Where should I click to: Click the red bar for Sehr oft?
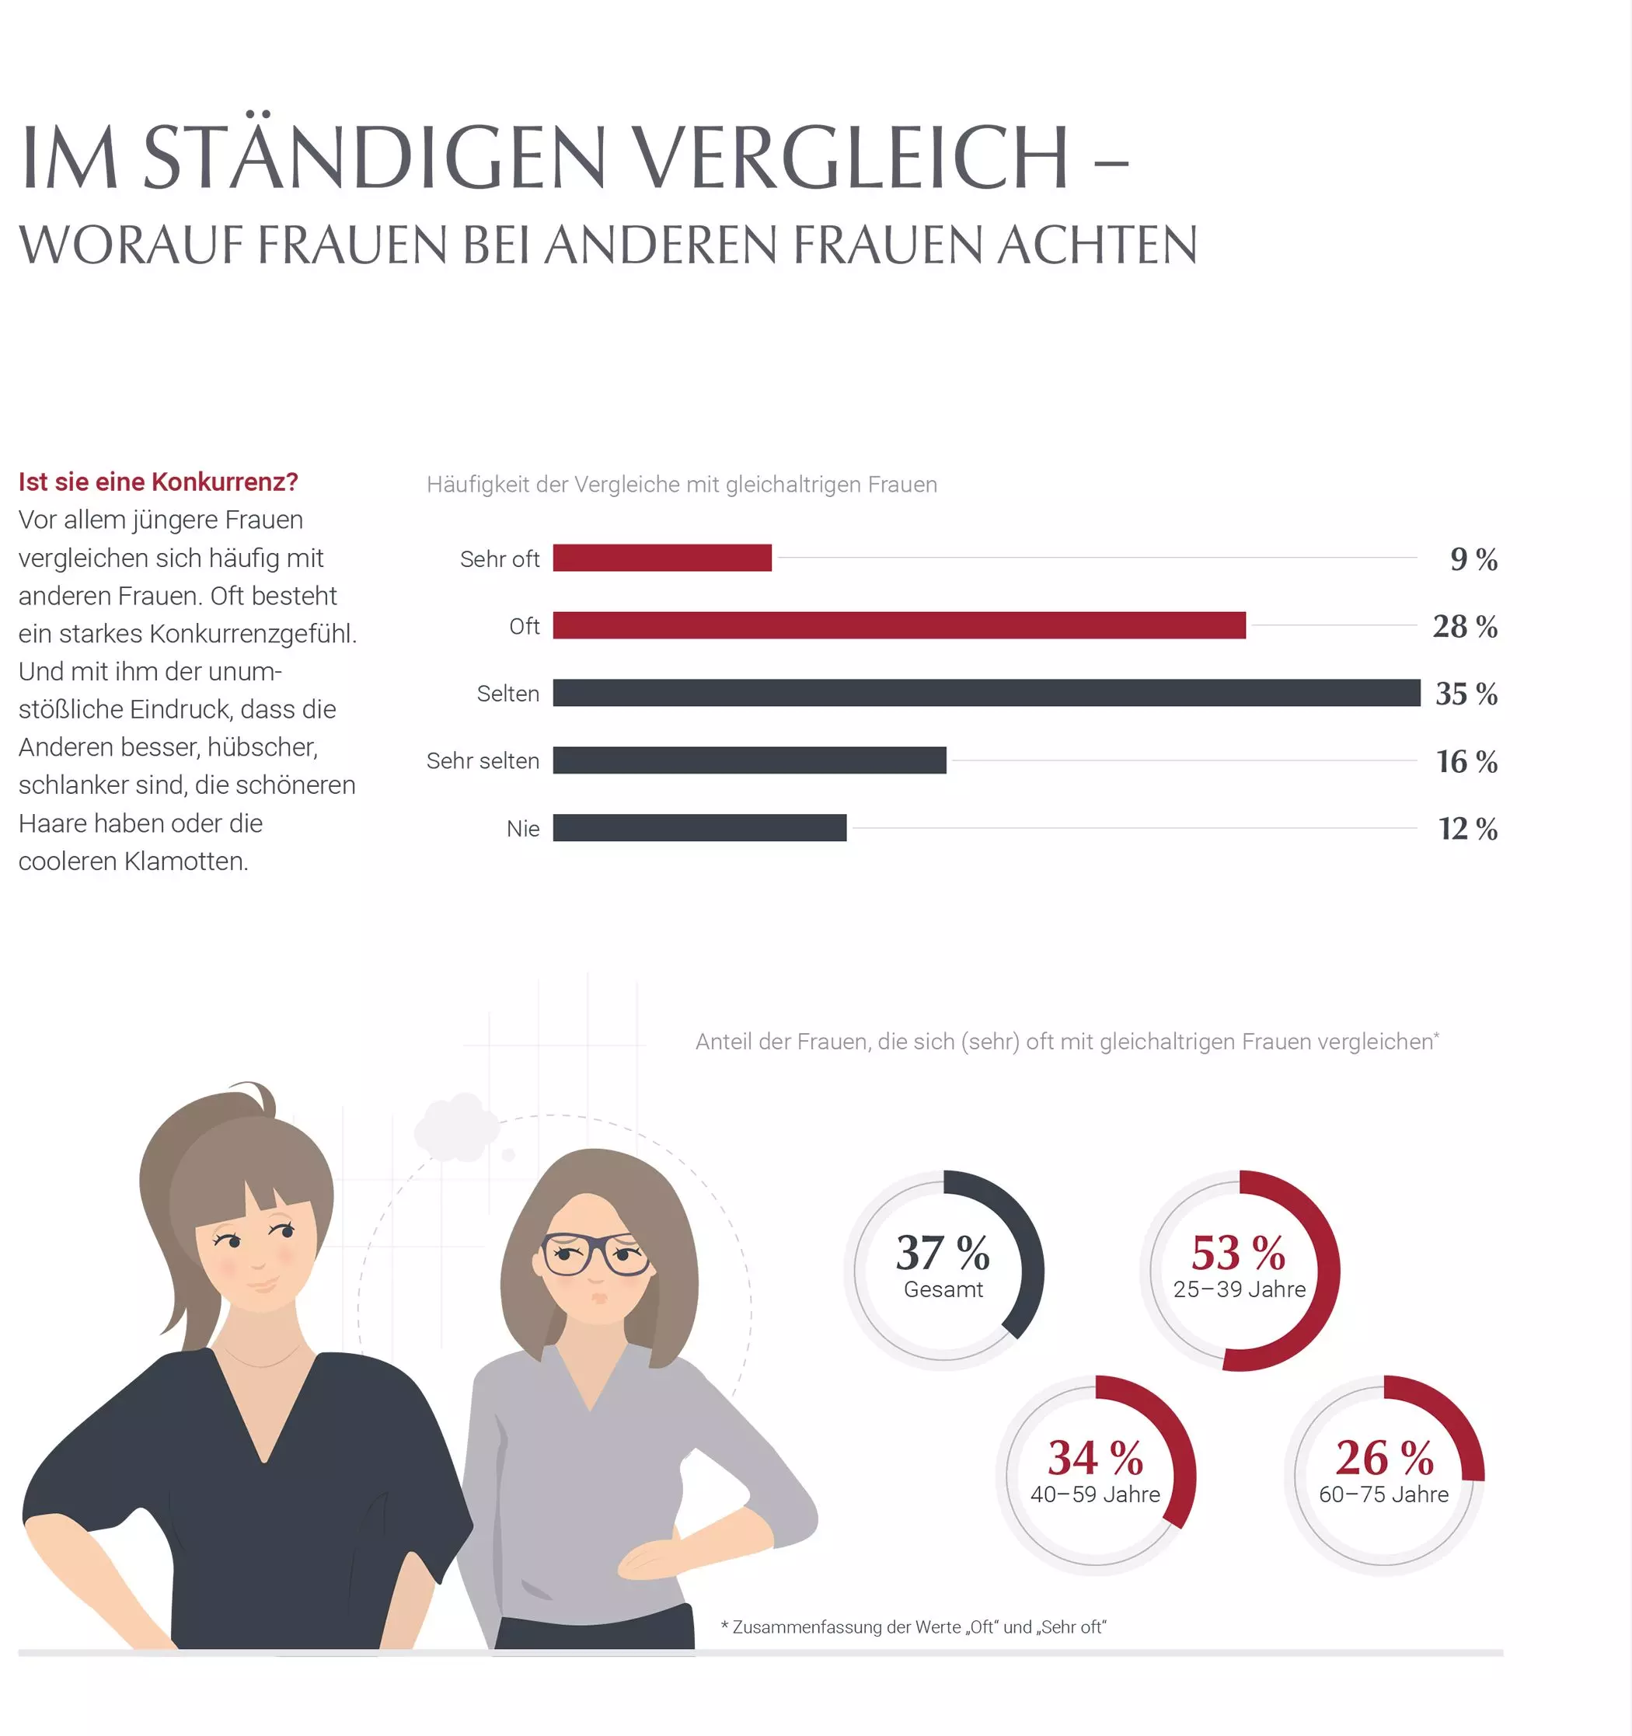click(x=661, y=557)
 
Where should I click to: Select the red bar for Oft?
click(x=898, y=625)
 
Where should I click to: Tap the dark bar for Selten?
click(x=985, y=693)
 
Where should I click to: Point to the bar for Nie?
click(x=699, y=827)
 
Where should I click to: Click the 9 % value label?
click(x=1473, y=559)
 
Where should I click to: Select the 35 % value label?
click(x=1466, y=694)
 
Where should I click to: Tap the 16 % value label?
click(x=1466, y=761)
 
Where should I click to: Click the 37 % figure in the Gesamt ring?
click(x=942, y=1252)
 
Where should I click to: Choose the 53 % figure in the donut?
click(x=1238, y=1252)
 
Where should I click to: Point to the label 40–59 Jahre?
click(x=1095, y=1494)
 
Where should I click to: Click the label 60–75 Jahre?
click(x=1383, y=1494)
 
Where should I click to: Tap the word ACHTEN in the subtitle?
click(x=1097, y=245)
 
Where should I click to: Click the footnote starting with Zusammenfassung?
click(x=913, y=1626)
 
